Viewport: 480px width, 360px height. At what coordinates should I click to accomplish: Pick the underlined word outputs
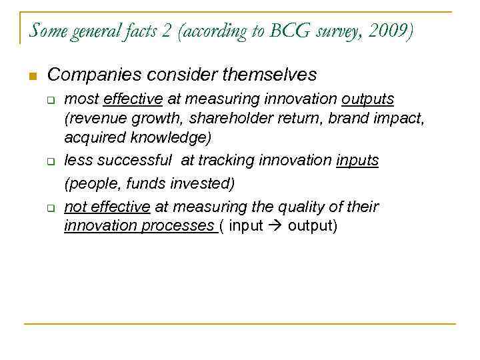pyautogui.click(x=368, y=99)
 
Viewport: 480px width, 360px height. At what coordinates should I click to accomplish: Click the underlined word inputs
pyautogui.click(x=357, y=160)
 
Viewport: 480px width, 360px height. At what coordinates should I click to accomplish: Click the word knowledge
pyautogui.click(x=176, y=137)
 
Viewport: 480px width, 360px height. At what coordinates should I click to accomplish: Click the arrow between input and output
pyautogui.click(x=275, y=225)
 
